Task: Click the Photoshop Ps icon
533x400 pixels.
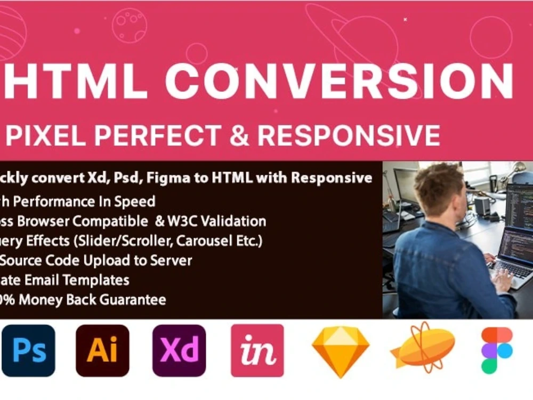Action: coord(29,350)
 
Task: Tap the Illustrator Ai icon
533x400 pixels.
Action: coord(102,350)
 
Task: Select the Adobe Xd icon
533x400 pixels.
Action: coord(179,350)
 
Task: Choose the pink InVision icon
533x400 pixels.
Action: coord(257,350)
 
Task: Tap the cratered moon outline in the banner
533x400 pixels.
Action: coord(129,25)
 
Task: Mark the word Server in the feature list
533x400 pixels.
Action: coord(171,260)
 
